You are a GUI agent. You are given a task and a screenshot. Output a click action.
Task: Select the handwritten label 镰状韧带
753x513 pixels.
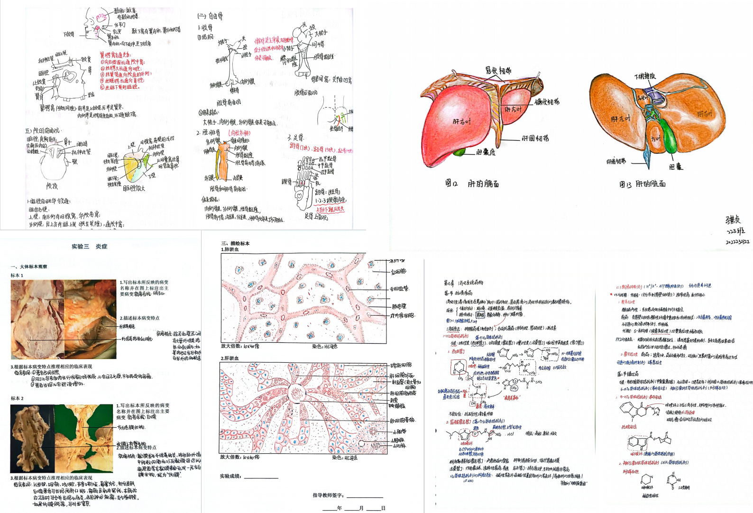(x=547, y=102)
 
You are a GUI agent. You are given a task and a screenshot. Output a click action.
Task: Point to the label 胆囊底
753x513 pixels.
(x=486, y=153)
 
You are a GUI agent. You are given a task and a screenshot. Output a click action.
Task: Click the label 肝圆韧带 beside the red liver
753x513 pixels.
(x=535, y=138)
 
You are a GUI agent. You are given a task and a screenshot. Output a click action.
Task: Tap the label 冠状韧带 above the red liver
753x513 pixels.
(x=498, y=71)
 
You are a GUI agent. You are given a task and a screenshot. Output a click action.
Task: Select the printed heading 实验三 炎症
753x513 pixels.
(x=90, y=247)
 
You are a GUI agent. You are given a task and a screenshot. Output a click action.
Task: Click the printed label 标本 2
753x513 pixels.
(x=17, y=398)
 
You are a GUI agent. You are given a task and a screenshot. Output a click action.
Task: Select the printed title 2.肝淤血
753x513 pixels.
(x=230, y=358)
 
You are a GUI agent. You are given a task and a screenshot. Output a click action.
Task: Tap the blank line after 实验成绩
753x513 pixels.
(x=261, y=477)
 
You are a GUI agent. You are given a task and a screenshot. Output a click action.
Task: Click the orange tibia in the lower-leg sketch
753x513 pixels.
(x=222, y=161)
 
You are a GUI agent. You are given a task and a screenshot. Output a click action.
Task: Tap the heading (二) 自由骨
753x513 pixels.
(x=210, y=16)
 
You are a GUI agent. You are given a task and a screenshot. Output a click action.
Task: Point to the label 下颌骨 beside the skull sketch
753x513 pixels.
(x=69, y=34)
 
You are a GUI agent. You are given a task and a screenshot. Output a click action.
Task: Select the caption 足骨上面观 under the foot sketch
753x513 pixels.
(x=316, y=216)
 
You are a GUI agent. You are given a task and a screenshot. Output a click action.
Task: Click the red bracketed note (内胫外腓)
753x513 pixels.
(x=239, y=133)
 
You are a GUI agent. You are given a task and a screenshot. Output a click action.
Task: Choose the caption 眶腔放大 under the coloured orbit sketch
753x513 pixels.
(x=134, y=188)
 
